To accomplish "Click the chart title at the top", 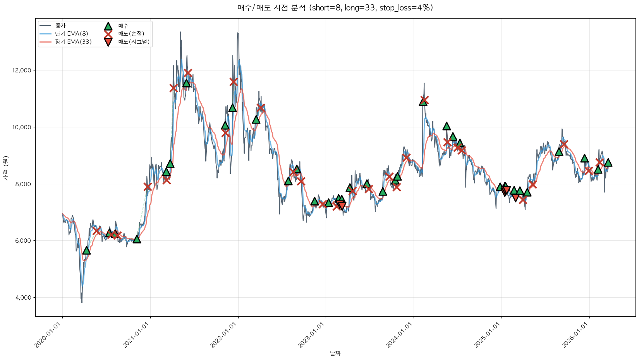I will [335, 8].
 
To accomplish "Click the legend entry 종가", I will [60, 26].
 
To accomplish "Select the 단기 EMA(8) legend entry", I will [72, 34].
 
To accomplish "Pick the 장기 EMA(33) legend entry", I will [73, 42].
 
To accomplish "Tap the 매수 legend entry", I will [123, 26].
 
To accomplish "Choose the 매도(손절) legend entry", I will [131, 34].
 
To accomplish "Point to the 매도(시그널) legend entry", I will [134, 42].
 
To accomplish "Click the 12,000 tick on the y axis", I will [22, 70].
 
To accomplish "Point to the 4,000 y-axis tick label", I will [24, 298].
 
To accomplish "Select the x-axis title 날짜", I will [335, 353].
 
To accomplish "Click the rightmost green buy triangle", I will [608, 163].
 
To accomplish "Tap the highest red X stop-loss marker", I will [188, 72].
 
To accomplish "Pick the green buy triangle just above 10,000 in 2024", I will [447, 126].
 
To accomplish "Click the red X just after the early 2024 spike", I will [424, 100].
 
